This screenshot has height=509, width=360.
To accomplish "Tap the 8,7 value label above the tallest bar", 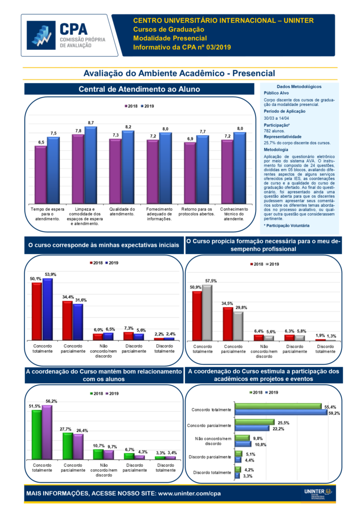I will click(x=90, y=122).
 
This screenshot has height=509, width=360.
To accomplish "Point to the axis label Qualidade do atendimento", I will click(x=122, y=211).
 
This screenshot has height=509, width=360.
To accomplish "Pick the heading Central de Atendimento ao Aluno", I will click(x=139, y=89).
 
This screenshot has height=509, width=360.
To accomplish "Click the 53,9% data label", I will click(x=50, y=274).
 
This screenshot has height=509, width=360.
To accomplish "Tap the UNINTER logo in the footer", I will click(x=318, y=493).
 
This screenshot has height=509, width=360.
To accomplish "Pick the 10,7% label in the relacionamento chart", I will click(x=99, y=446).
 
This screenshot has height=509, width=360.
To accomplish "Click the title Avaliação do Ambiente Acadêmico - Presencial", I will click(x=180, y=74).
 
